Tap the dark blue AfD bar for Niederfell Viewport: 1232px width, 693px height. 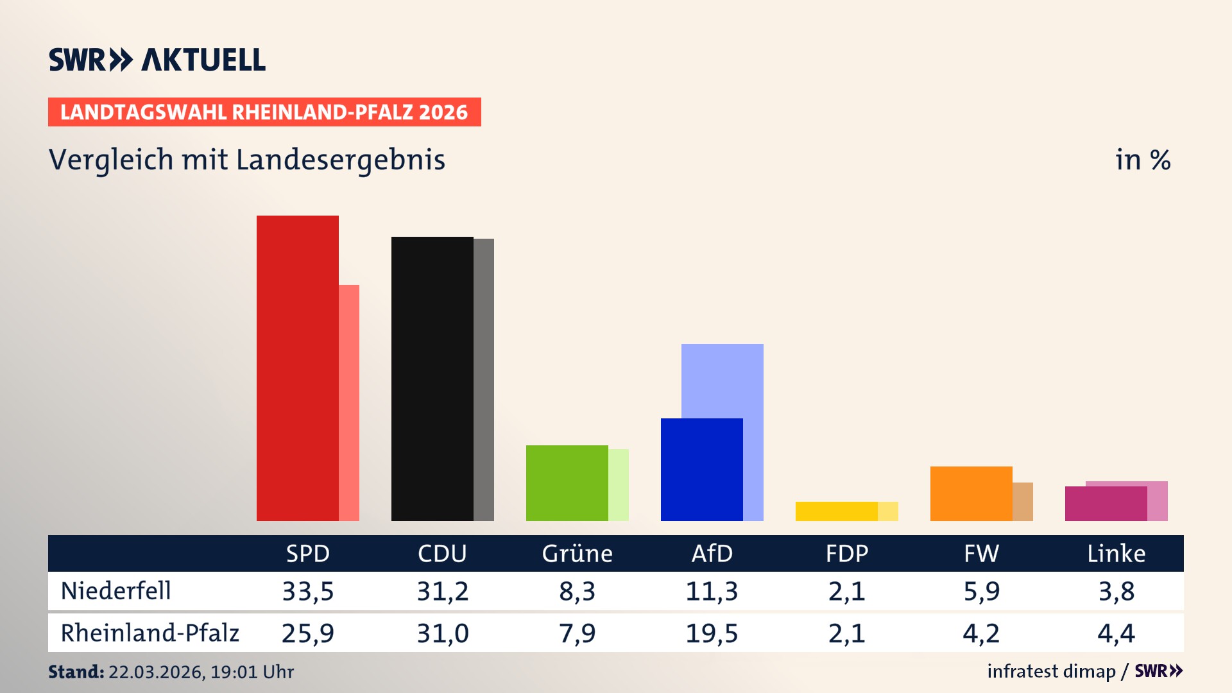(x=701, y=470)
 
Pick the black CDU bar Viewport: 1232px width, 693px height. (x=432, y=379)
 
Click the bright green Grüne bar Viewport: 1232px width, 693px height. (x=567, y=483)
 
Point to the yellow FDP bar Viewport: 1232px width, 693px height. (x=836, y=511)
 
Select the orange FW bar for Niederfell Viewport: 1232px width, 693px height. (x=971, y=493)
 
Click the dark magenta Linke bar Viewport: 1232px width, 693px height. (x=1106, y=504)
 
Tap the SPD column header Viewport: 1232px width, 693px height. (x=308, y=553)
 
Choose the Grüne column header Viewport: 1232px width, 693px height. (x=577, y=553)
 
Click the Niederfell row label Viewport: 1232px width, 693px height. (x=116, y=590)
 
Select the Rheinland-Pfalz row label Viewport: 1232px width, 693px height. (x=150, y=633)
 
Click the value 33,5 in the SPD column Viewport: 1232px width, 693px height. (x=308, y=591)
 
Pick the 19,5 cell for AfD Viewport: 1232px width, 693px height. (x=712, y=633)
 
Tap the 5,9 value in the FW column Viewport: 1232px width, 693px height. (x=981, y=591)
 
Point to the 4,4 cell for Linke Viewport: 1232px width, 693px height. (x=1116, y=633)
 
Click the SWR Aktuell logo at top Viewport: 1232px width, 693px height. (x=157, y=60)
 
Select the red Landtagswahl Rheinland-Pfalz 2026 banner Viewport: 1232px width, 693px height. (x=264, y=112)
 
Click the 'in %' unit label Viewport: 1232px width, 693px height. (x=1142, y=160)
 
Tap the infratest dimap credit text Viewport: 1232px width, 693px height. (x=1051, y=671)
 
